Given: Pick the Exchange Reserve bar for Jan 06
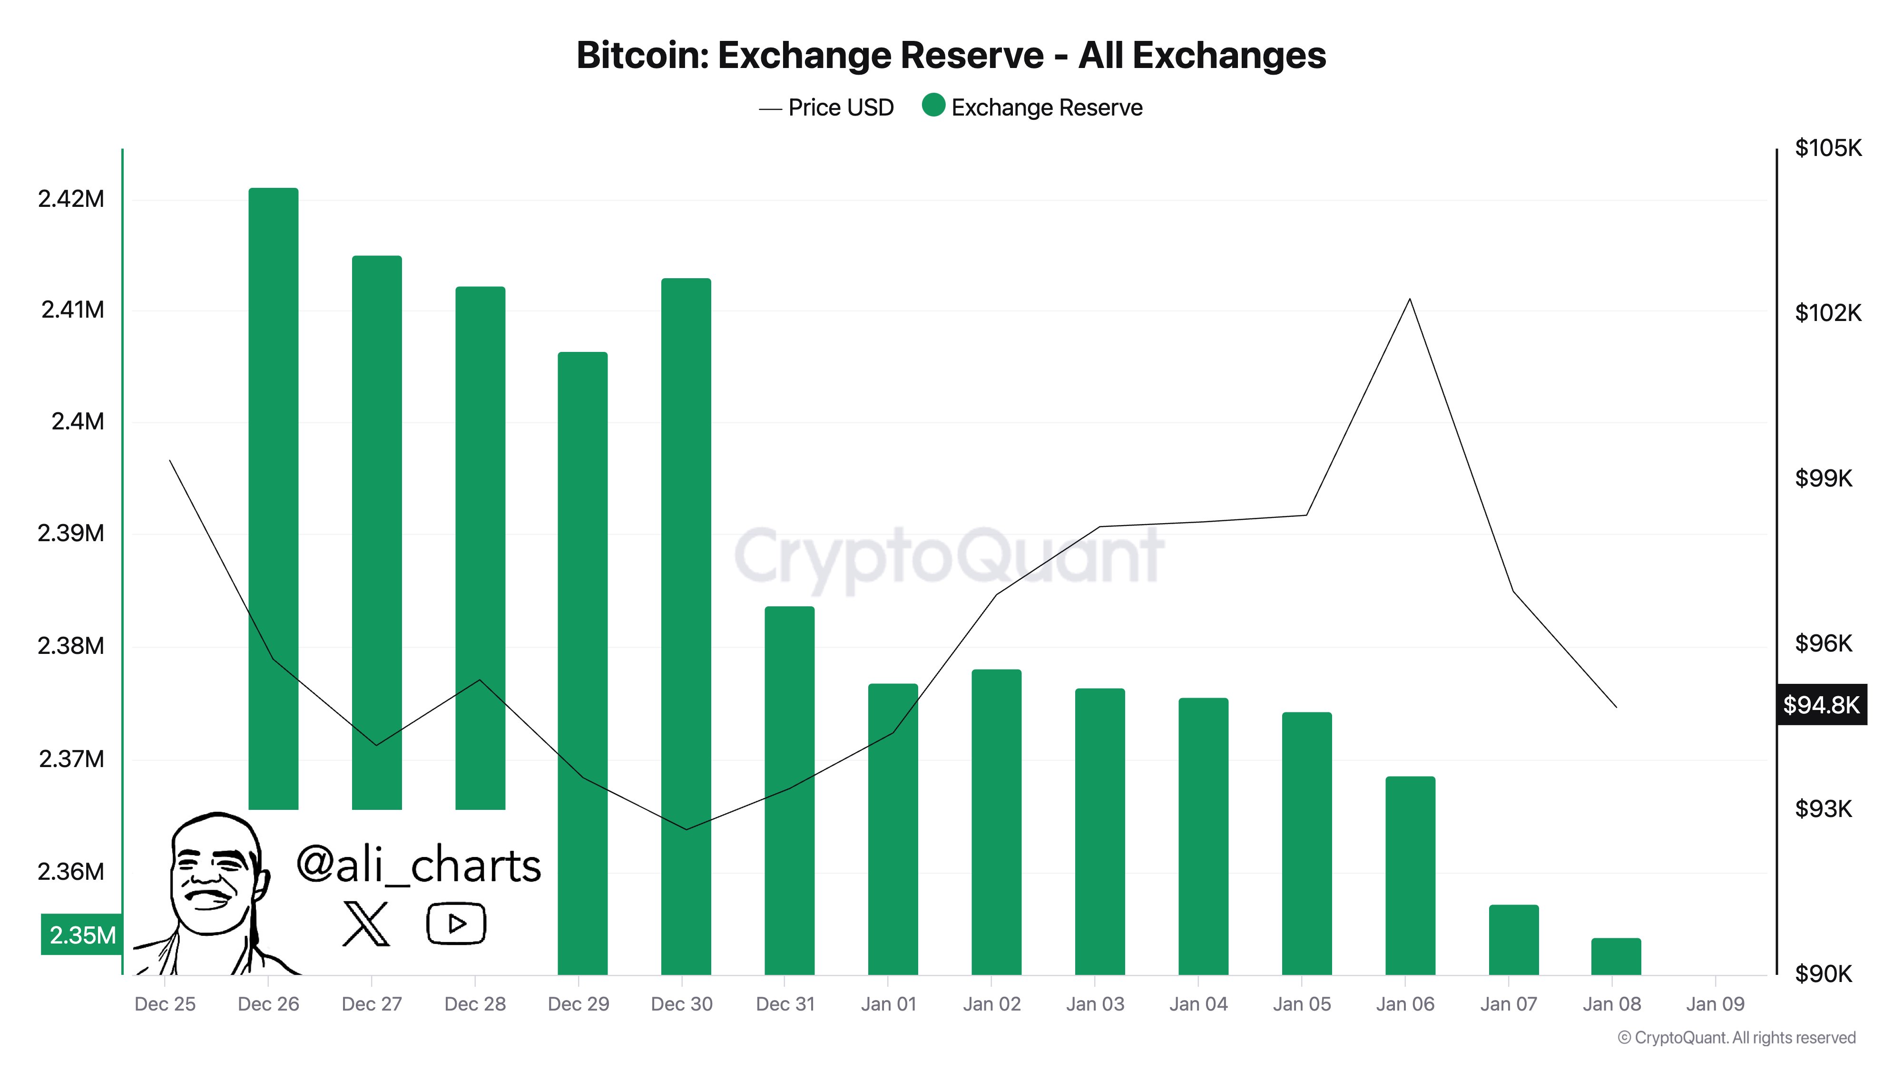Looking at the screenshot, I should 1410,875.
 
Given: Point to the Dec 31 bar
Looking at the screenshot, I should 789,790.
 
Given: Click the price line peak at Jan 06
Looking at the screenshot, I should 1410,299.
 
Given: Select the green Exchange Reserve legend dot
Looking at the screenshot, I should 933,106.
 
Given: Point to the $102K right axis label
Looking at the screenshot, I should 1828,313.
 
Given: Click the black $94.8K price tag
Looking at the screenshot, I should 1821,705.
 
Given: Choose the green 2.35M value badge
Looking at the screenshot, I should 82,935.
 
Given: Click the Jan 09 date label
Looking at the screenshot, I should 1715,1004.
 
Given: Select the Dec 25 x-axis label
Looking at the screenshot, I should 165,1004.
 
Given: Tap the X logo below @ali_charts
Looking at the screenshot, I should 366,924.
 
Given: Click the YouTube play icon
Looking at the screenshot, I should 456,924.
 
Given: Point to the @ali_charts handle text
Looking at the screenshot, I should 418,865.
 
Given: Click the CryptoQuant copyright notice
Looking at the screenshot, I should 1736,1038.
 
